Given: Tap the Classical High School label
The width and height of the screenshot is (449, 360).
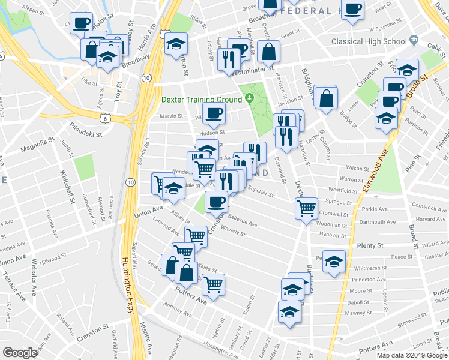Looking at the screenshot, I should click(x=369, y=41).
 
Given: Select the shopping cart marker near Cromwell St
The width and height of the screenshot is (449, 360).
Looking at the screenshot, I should click(x=307, y=209).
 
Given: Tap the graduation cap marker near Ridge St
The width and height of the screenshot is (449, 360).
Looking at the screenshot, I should click(x=176, y=43).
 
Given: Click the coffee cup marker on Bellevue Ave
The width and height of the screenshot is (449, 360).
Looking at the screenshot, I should click(x=217, y=202).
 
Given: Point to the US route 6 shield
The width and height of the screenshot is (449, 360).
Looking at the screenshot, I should click(x=106, y=119).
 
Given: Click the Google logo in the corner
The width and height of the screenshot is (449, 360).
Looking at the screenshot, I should click(x=20, y=353).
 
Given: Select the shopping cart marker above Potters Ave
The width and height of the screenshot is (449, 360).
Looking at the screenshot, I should click(x=212, y=284).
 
